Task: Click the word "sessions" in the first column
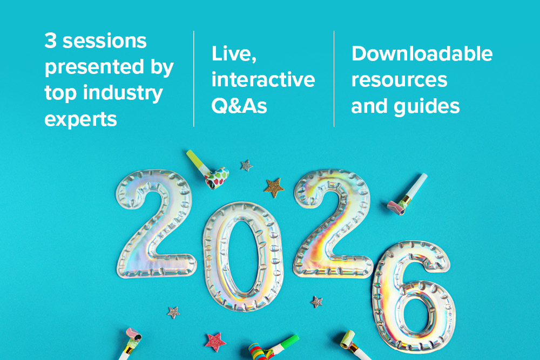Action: pos(105,41)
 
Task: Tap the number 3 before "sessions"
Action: pos(50,40)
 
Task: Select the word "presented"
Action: pos(94,67)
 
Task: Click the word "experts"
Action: pos(80,120)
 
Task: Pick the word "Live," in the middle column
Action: pos(234,54)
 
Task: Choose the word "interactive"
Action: pos(263,80)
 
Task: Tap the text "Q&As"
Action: pos(239,106)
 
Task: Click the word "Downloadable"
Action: pos(422,54)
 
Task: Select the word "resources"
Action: pos(399,80)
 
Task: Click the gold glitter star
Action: pos(274,188)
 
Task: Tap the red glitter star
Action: pos(215,342)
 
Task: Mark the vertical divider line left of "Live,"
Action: pos(194,79)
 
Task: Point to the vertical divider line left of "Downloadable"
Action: pos(334,79)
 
